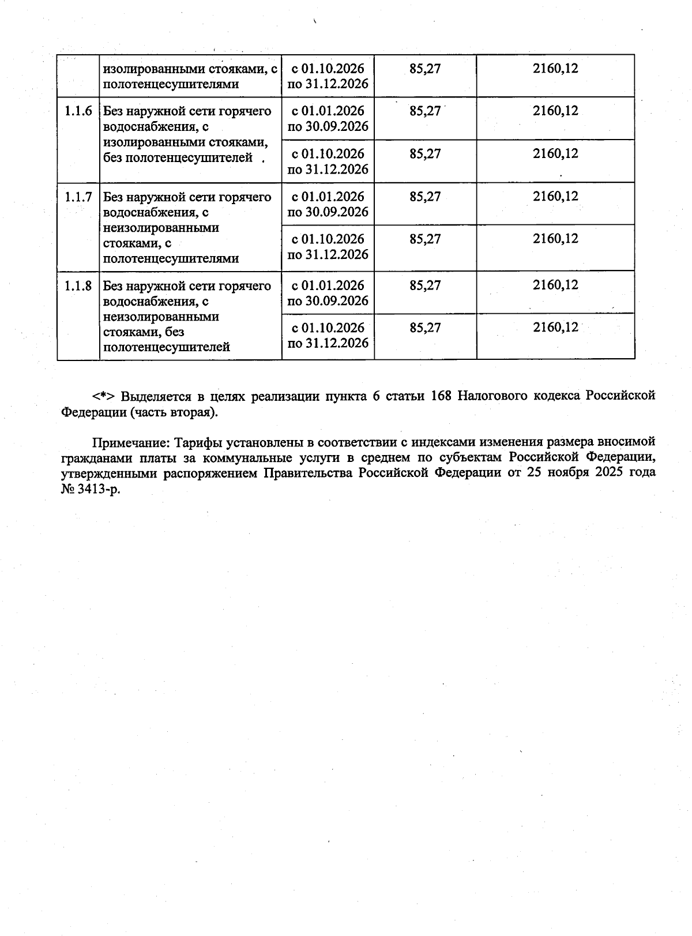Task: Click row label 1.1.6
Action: coord(78,111)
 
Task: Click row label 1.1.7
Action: coord(78,197)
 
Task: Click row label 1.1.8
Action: coord(78,286)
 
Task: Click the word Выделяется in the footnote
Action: coord(153,397)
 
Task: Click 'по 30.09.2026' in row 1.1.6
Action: coord(328,126)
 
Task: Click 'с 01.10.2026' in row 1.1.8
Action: coord(328,328)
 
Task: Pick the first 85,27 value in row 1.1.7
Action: coord(425,197)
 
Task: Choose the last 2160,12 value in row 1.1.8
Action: coord(555,328)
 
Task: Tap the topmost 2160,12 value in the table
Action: coord(555,69)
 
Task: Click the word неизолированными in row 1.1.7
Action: coord(161,228)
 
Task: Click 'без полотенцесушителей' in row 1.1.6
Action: coord(178,157)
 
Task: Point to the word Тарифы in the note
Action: coord(198,442)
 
